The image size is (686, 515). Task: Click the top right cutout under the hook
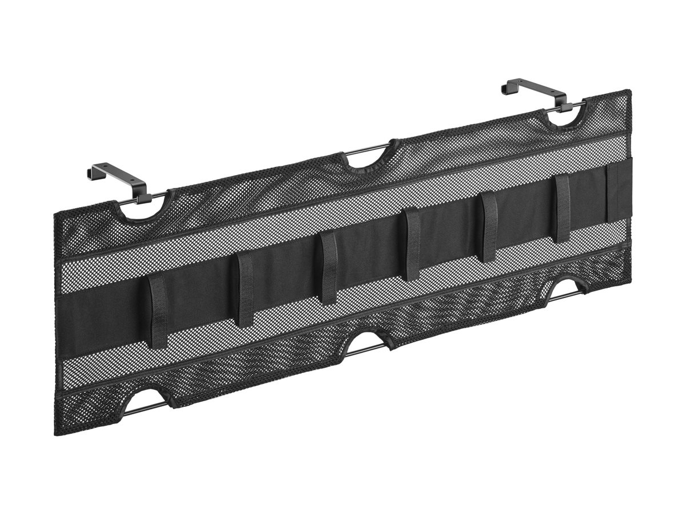click(566, 115)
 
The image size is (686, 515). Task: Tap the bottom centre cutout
click(366, 343)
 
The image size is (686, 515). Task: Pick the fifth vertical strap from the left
click(489, 226)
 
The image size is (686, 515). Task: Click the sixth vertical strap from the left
click(563, 207)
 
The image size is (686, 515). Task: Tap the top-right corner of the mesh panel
click(629, 90)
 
